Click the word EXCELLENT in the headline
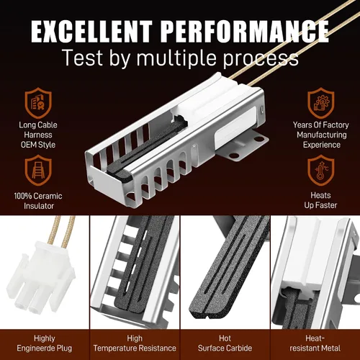click(91, 32)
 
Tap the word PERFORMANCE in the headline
click(244, 32)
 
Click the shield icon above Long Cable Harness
click(38, 103)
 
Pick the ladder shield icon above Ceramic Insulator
click(38, 170)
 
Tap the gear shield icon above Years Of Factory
click(321, 103)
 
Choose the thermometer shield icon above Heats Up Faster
click(321, 170)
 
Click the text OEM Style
click(38, 145)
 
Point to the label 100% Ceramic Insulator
click(38, 201)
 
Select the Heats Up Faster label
click(320, 200)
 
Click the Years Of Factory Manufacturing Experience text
click(321, 135)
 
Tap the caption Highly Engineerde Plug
click(45, 343)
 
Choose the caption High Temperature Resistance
click(135, 343)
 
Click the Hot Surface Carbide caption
click(225, 343)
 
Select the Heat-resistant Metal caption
click(315, 343)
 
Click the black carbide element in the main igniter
click(146, 149)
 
